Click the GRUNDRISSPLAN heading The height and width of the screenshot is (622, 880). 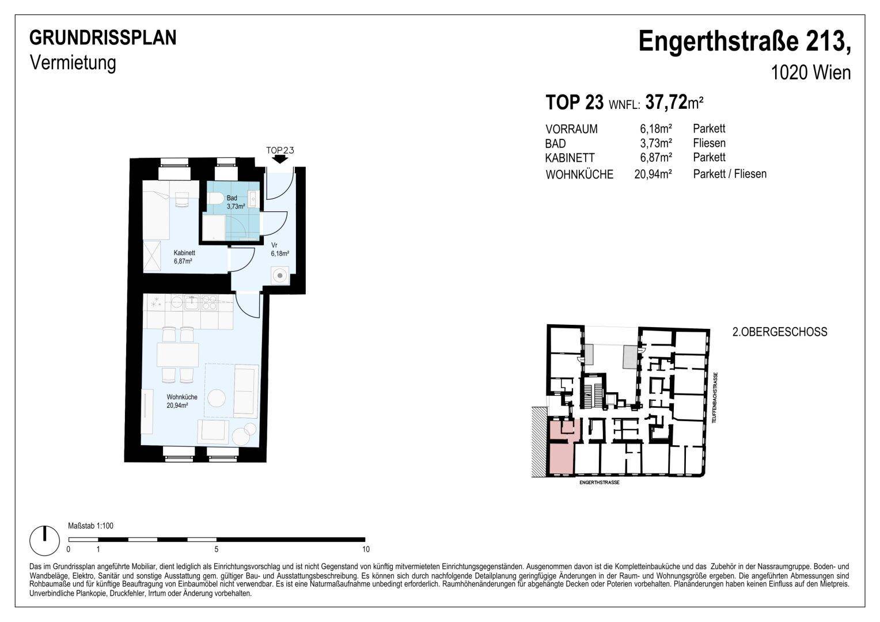(x=103, y=38)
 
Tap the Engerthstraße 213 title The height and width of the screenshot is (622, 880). (x=745, y=41)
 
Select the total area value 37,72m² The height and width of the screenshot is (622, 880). (x=674, y=102)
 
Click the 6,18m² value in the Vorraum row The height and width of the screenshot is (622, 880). (x=655, y=128)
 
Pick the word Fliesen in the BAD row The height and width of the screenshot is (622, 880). (x=709, y=143)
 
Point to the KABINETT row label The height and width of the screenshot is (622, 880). (x=570, y=158)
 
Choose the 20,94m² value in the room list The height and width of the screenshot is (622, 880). (x=653, y=174)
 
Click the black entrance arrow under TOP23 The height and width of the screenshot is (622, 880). (x=279, y=159)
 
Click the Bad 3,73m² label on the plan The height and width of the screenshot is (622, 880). (x=236, y=202)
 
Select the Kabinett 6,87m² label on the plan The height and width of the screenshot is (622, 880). (x=184, y=257)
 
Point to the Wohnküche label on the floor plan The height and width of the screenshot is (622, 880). (x=182, y=401)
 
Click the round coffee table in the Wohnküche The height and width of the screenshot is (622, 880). (x=217, y=399)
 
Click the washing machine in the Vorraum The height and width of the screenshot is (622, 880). (x=280, y=275)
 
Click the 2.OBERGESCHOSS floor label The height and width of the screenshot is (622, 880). (x=780, y=332)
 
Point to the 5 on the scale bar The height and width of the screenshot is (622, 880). (x=217, y=549)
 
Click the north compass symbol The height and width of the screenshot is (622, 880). (x=45, y=540)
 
